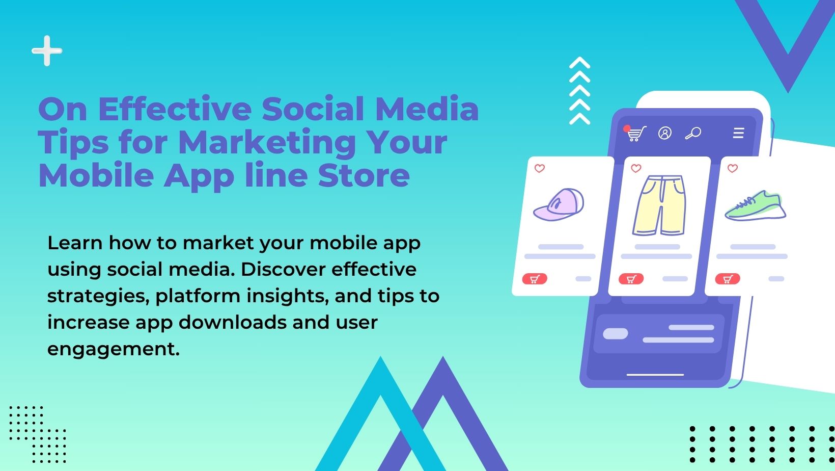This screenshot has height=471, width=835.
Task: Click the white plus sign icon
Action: point(47,51)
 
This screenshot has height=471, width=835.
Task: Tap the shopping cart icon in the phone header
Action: point(635,133)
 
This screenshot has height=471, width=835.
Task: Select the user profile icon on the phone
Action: point(665,133)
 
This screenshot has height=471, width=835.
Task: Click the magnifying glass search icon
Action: point(693,133)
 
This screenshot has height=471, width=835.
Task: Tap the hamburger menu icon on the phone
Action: point(738,133)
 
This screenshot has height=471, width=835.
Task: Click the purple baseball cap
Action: point(559,204)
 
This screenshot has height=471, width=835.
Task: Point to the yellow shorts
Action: point(659,205)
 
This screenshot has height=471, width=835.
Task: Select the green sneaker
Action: point(755,205)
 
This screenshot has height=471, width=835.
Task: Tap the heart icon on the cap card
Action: point(539,168)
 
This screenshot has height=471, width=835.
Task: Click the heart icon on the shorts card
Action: point(636,168)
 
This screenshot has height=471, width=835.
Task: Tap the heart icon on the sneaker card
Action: point(733,168)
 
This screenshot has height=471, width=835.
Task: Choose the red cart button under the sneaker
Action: point(728,279)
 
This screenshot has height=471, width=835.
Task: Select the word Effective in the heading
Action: point(175,109)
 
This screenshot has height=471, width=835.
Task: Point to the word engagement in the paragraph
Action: point(114,350)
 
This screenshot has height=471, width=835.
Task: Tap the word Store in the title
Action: point(364,176)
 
